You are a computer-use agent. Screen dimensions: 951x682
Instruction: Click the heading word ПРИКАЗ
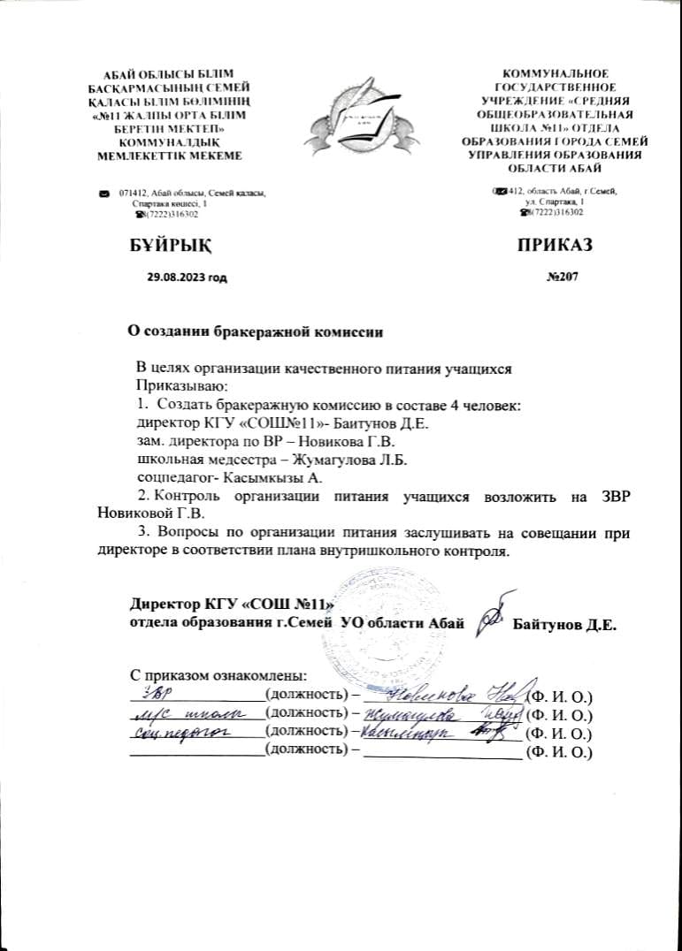tap(555, 244)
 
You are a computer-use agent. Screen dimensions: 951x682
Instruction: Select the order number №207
tap(563, 278)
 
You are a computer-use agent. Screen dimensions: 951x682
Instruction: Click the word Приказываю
tap(170, 385)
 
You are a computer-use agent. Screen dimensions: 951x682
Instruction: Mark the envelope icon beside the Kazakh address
tap(104, 193)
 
